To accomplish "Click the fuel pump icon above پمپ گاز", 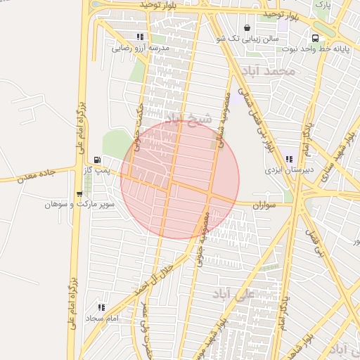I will tap(96, 159).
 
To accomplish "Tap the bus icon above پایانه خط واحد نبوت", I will tap(314, 38).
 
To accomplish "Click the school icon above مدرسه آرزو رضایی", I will tap(141, 37).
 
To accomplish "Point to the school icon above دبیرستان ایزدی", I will tap(270, 159).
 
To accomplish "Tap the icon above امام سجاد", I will tap(102, 307).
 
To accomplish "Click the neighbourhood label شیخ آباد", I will tap(188, 118).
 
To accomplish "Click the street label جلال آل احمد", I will tap(153, 276).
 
